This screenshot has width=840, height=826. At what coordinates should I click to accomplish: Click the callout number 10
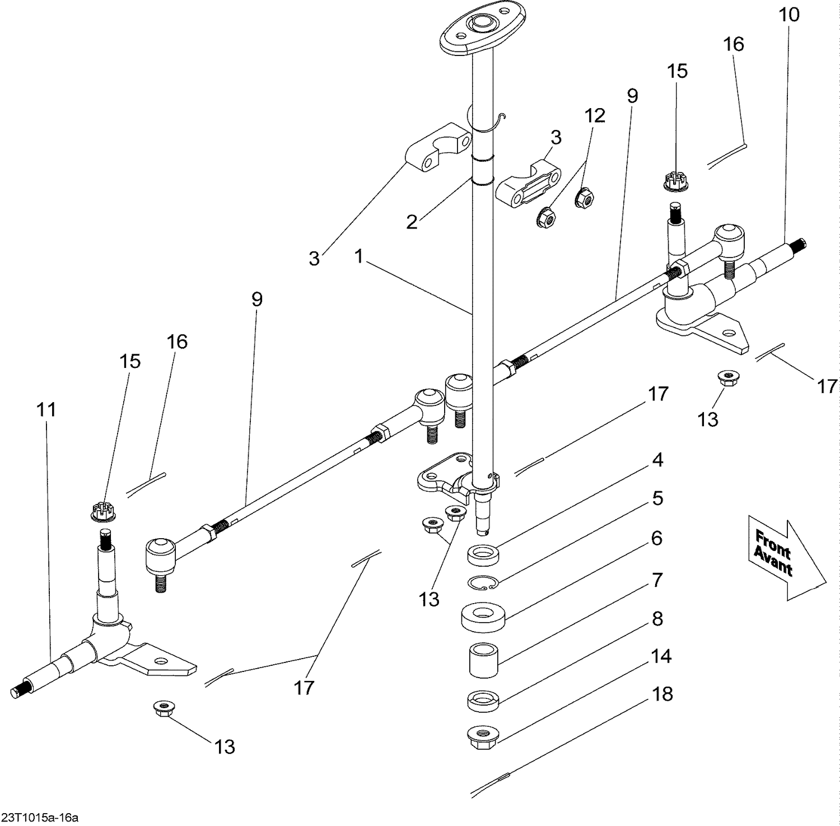tap(789, 15)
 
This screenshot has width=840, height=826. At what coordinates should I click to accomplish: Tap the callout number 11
tap(46, 409)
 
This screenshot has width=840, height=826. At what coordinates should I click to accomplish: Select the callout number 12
tap(595, 115)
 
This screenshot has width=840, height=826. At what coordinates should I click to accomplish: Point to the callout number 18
tap(662, 694)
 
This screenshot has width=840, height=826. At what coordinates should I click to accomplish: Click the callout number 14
tap(661, 656)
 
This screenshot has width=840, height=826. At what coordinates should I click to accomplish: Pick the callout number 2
tap(412, 222)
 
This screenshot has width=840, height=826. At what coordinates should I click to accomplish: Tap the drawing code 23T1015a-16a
tap(40, 818)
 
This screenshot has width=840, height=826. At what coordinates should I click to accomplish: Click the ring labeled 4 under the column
tap(483, 557)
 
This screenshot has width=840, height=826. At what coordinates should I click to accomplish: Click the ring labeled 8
tap(483, 700)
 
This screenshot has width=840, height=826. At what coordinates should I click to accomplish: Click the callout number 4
tap(657, 460)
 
